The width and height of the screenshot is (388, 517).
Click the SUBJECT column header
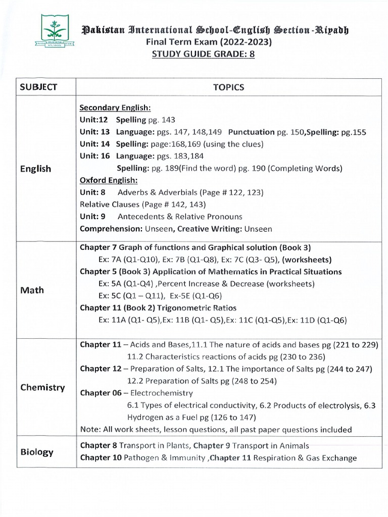[39, 87]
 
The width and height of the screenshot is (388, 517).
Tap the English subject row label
[35, 169]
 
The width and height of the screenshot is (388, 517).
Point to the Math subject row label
[32, 290]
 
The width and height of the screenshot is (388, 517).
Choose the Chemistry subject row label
[42, 387]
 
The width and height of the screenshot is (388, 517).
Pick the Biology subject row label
[37, 451]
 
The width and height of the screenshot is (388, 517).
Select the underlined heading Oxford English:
[109, 180]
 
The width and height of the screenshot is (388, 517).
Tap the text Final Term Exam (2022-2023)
[209, 42]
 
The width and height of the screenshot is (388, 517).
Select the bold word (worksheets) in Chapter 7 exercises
[307, 260]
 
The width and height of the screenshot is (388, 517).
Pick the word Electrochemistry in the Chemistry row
[162, 392]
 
